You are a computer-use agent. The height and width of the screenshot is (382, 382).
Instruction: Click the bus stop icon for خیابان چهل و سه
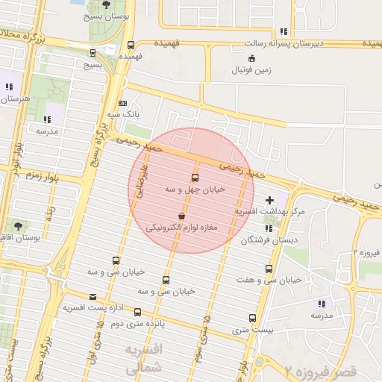(x=195, y=178)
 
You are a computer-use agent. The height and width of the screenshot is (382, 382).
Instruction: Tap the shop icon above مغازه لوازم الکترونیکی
(x=181, y=215)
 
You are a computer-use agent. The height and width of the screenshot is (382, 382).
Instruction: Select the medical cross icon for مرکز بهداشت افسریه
(x=269, y=200)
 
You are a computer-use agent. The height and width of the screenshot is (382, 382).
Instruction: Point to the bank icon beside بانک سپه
(x=122, y=103)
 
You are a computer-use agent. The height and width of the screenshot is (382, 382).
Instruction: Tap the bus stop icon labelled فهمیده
(x=131, y=44)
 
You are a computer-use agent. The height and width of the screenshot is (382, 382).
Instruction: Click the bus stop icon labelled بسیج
(x=93, y=53)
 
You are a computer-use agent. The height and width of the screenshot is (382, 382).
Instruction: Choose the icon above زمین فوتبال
(x=251, y=58)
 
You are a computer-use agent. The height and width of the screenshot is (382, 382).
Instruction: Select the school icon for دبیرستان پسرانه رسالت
(x=283, y=31)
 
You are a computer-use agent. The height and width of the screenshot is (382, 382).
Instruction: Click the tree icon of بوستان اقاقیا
(x=16, y=225)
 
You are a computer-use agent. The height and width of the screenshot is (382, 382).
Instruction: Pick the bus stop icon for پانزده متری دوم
(x=137, y=312)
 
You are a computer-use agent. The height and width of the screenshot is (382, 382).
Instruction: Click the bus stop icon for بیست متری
(x=251, y=316)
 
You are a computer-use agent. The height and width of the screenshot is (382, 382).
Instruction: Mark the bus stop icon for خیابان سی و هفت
(x=269, y=269)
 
